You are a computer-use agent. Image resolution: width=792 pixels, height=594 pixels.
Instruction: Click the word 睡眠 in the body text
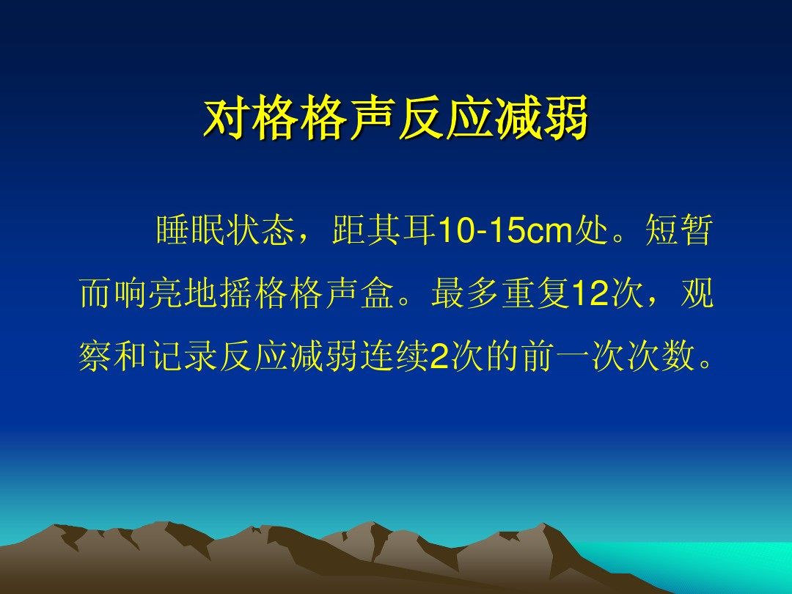(191, 230)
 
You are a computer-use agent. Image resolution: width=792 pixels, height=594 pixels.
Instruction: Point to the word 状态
(260, 230)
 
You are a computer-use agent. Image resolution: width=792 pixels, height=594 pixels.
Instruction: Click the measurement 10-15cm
(507, 231)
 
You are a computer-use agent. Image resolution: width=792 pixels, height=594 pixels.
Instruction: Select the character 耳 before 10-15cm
(419, 230)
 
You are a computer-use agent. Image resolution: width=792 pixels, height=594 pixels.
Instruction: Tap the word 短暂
(678, 230)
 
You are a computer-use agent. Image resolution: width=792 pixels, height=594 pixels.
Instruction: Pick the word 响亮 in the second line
(148, 293)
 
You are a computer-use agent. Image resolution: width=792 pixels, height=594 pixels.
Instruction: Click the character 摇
(236, 293)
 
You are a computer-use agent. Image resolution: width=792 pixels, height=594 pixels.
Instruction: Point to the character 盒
(378, 293)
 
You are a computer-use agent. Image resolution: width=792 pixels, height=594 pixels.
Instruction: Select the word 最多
(465, 293)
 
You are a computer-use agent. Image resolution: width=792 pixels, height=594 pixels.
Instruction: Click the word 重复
(535, 293)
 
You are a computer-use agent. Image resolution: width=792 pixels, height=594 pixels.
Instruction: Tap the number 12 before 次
(589, 294)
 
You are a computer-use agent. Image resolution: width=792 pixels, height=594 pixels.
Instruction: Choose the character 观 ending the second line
(697, 293)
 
